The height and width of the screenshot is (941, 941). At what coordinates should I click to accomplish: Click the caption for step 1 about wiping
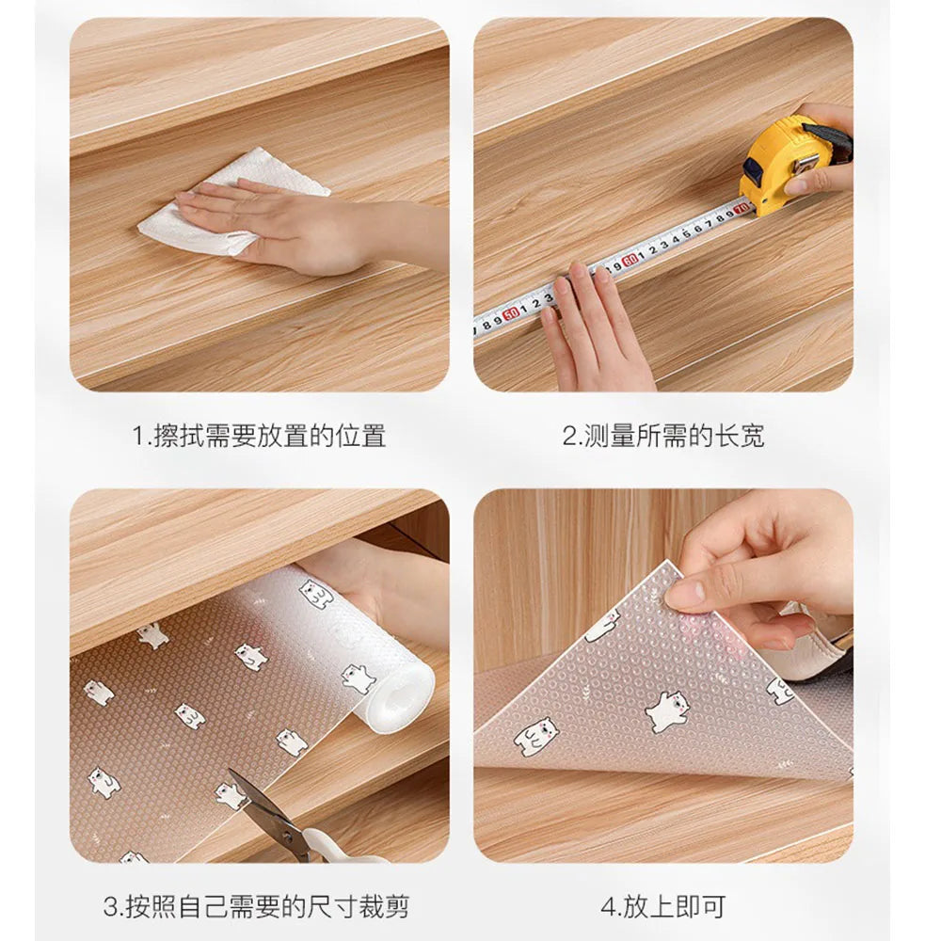click(258, 436)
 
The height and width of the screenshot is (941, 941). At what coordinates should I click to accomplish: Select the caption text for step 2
click(663, 436)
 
